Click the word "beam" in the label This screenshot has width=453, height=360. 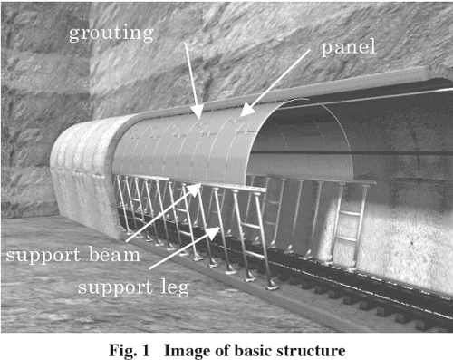click(x=114, y=254)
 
